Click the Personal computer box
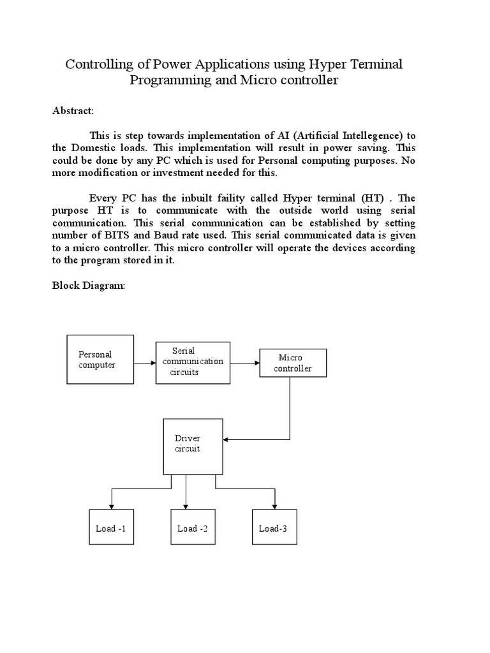(x=100, y=360)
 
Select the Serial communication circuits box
(x=193, y=362)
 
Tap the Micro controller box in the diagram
(x=292, y=363)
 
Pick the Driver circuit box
(x=193, y=446)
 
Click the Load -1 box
(x=110, y=528)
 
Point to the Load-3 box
(x=274, y=528)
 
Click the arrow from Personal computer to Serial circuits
(x=145, y=363)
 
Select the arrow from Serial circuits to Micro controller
(x=244, y=363)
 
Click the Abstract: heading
(x=73, y=111)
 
